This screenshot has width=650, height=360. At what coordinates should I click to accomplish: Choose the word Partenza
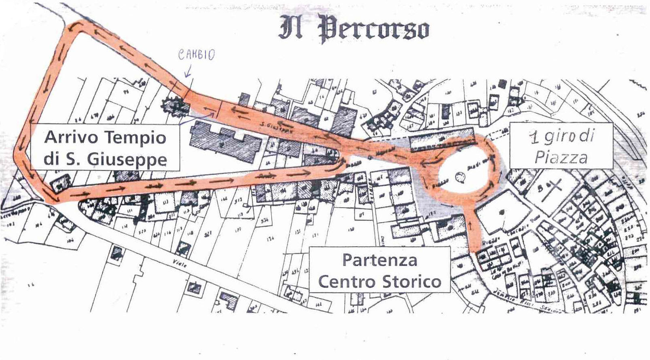(x=379, y=260)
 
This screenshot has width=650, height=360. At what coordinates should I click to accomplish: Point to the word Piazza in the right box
(x=561, y=157)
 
